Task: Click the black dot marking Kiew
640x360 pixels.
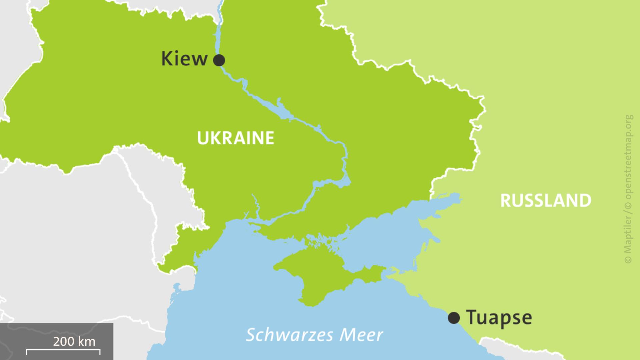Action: coord(219,60)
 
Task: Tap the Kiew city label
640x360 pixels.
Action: coord(184,59)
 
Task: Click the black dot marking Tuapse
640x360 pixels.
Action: coord(454,318)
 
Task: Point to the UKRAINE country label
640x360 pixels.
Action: coord(235,138)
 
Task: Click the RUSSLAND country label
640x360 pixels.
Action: coord(546,201)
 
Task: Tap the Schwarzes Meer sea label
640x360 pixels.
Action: coord(314,335)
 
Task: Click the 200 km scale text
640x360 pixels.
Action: coord(74,341)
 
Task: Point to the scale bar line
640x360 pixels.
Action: coord(63,350)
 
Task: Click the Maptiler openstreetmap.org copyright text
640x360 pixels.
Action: coord(628,189)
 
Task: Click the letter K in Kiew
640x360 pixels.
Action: coord(166,59)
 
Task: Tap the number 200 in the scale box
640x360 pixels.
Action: coord(64,341)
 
